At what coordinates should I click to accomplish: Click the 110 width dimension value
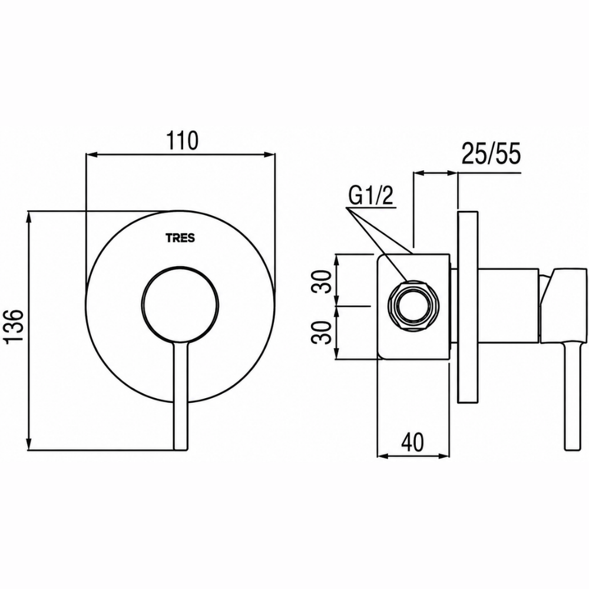coord(182,141)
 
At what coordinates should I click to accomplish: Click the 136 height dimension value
coord(16,326)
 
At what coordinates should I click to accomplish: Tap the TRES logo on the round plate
coord(180,238)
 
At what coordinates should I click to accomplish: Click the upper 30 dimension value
coord(322,282)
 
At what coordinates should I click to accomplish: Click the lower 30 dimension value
coord(322,332)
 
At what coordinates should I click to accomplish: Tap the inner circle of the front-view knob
coord(180,305)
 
